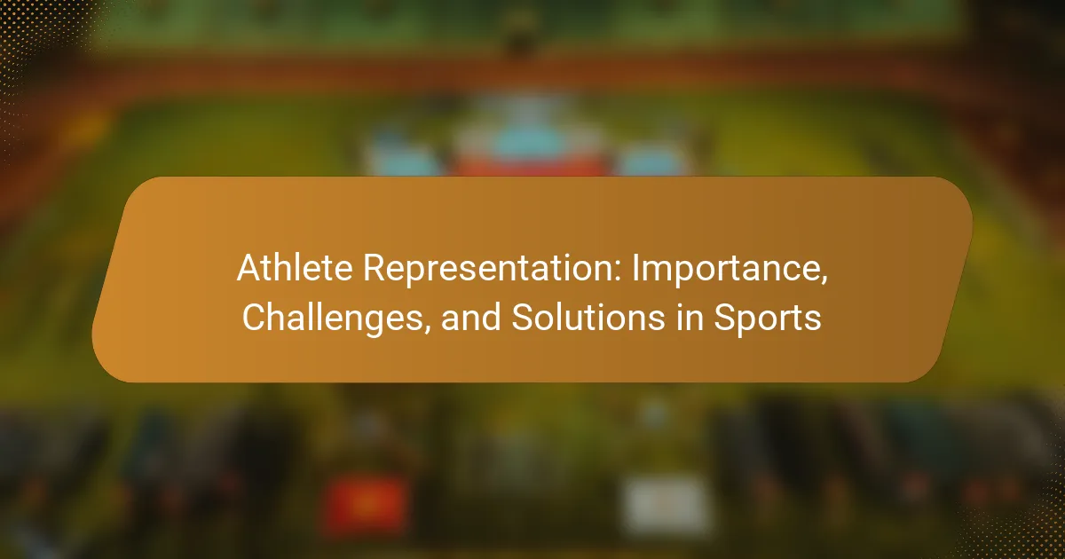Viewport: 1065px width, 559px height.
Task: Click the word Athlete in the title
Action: (x=295, y=268)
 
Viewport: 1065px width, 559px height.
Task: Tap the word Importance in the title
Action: (x=726, y=271)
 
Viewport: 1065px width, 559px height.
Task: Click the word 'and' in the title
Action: (x=470, y=318)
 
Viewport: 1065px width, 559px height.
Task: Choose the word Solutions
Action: (x=588, y=318)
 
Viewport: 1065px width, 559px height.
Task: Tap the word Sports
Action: (x=768, y=319)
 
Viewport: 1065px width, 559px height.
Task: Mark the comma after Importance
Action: (x=824, y=280)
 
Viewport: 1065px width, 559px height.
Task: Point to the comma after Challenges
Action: (x=426, y=329)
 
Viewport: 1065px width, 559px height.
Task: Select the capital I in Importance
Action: (x=635, y=268)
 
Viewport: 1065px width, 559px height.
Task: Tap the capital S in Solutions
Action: (x=522, y=318)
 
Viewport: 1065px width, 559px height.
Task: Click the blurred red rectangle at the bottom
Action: (x=365, y=505)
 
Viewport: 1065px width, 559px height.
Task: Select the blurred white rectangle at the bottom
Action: (x=667, y=505)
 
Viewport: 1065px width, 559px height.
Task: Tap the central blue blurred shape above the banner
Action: (x=528, y=141)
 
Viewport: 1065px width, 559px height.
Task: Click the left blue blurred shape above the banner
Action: (x=404, y=158)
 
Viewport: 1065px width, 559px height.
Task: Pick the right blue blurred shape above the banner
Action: (x=652, y=161)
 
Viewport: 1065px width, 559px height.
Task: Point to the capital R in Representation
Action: (x=375, y=268)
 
